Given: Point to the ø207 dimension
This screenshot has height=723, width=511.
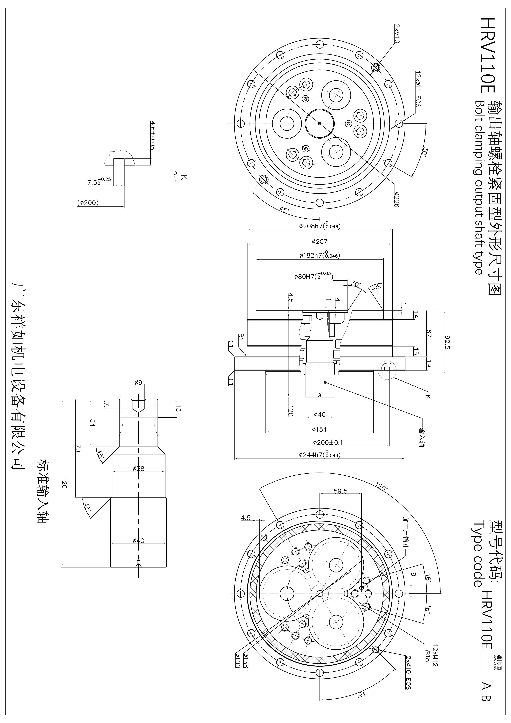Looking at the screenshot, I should (x=320, y=242).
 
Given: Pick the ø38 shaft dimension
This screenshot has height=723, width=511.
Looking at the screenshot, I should (x=139, y=469).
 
